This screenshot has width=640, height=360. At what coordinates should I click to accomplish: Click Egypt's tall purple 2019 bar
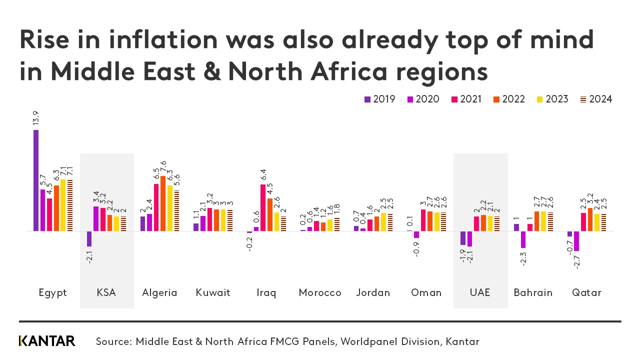click(36, 180)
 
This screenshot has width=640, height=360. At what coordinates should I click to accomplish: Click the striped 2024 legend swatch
click(583, 99)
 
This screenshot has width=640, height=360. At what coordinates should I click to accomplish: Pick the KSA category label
click(106, 292)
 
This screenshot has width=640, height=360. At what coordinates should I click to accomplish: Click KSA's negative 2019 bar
click(89, 238)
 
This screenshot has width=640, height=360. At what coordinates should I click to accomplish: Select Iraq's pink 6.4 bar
click(263, 207)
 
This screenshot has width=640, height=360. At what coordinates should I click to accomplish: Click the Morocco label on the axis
click(320, 292)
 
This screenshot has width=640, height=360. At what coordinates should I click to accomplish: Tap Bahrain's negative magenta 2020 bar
click(523, 239)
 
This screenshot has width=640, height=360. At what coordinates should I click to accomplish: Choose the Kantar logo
click(47, 341)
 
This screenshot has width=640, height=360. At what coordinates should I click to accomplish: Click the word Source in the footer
click(113, 342)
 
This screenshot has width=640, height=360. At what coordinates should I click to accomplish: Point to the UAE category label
click(480, 292)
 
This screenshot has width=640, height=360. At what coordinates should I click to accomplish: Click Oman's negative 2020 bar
click(416, 234)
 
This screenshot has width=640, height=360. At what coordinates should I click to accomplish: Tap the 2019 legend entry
click(379, 99)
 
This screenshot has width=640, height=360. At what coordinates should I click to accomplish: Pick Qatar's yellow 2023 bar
click(596, 222)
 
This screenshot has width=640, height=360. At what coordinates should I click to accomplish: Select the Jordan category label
click(373, 292)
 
